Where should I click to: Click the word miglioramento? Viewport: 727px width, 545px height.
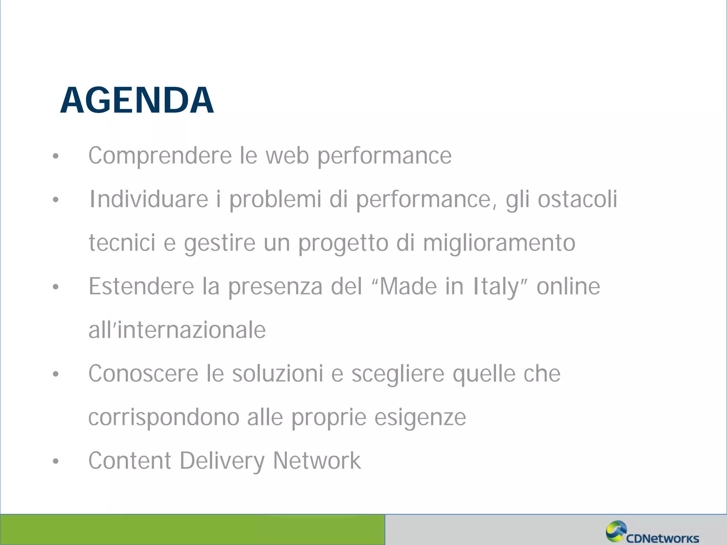point(499,243)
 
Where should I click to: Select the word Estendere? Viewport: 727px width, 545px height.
point(141,286)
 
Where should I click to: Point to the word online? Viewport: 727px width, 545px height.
point(568,286)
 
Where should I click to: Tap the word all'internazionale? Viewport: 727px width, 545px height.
point(177,330)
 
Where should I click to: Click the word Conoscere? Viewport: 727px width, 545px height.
point(143,374)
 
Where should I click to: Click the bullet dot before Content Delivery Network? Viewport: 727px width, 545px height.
point(55,461)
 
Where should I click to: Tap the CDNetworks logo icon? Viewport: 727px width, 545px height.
point(616,531)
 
